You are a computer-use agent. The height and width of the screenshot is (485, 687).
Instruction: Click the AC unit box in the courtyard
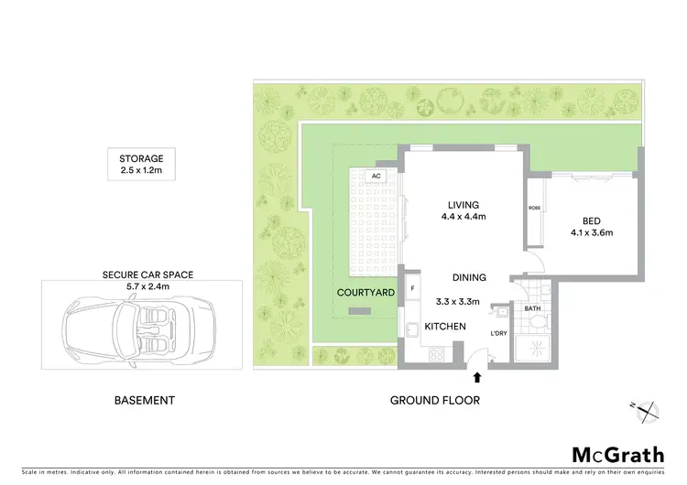(x=375, y=176)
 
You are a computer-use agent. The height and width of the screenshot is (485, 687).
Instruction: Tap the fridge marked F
(x=413, y=287)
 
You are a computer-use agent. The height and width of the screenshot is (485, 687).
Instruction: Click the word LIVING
(x=463, y=204)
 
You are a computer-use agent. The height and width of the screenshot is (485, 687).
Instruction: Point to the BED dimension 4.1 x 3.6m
(x=590, y=232)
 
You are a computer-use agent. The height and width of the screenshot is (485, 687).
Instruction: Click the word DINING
(x=468, y=277)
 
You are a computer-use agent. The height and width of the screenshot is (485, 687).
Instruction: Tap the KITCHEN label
(x=445, y=327)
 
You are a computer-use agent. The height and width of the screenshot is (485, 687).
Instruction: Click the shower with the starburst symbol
(x=531, y=347)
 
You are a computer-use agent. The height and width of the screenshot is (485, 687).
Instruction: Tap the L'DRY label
(x=498, y=333)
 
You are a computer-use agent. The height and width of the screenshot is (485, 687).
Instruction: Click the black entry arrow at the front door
(x=476, y=375)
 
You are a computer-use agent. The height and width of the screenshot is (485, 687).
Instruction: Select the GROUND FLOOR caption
(x=435, y=400)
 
